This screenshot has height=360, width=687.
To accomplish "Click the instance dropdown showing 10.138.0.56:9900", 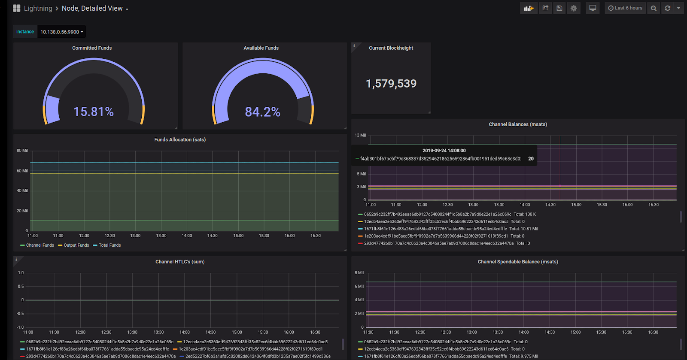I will pyautogui.click(x=61, y=32).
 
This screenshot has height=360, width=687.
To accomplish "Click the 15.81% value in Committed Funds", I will pyautogui.click(x=94, y=112).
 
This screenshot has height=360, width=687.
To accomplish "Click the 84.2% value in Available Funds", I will pyautogui.click(x=262, y=112).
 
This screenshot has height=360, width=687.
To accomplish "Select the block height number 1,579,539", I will pyautogui.click(x=391, y=84).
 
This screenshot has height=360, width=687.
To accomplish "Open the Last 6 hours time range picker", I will pyautogui.click(x=625, y=8).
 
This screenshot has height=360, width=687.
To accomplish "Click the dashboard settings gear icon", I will pyautogui.click(x=574, y=8).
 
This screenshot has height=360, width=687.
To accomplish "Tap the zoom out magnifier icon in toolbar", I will pyautogui.click(x=654, y=8).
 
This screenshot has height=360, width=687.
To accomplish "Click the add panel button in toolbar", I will pyautogui.click(x=529, y=8).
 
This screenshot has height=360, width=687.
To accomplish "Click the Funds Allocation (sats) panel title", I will pyautogui.click(x=180, y=140).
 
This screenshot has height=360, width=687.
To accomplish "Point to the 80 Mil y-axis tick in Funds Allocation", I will pyautogui.click(x=22, y=151).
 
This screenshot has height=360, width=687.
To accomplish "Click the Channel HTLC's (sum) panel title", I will pyautogui.click(x=180, y=262).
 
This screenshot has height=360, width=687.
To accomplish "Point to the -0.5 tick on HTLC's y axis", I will pyautogui.click(x=20, y=314).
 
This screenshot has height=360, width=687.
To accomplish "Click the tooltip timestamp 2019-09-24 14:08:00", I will pyautogui.click(x=444, y=151).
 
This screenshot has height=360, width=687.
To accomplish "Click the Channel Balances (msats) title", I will pyautogui.click(x=518, y=124).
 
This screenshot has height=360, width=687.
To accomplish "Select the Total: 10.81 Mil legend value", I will pyautogui.click(x=523, y=229).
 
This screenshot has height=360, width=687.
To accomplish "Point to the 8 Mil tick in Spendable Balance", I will pyautogui.click(x=359, y=273).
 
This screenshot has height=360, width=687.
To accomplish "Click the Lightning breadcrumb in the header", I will pyautogui.click(x=38, y=8).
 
